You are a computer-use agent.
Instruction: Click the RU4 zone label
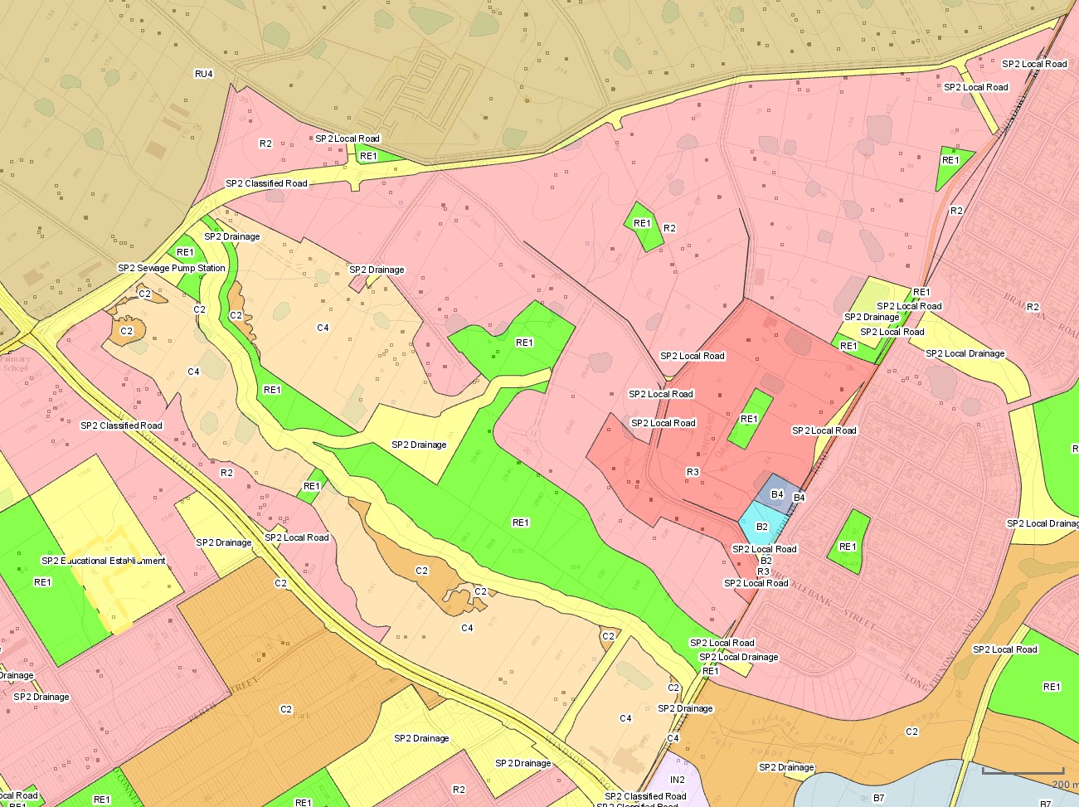203,75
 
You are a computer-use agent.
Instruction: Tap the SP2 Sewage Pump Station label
172,268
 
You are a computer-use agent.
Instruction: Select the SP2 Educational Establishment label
104,561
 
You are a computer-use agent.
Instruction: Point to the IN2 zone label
678,780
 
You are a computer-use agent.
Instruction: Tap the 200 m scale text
1064,784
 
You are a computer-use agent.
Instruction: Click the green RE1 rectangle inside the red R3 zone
750,419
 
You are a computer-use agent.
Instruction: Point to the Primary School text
15,364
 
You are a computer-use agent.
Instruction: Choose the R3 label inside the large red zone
693,472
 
